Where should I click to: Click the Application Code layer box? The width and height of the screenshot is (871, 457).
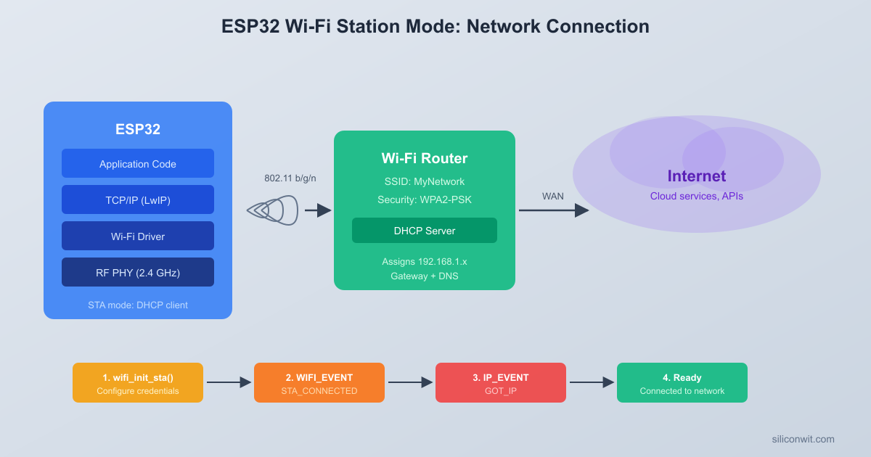click(x=138, y=163)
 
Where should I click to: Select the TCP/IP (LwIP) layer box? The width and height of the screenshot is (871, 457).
click(x=138, y=199)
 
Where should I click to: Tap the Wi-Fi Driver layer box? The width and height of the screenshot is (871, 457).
click(x=138, y=236)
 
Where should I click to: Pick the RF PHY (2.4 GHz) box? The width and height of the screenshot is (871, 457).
click(x=138, y=272)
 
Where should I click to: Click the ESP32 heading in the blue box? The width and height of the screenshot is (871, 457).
click(x=138, y=129)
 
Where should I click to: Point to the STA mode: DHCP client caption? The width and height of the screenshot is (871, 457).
click(x=138, y=305)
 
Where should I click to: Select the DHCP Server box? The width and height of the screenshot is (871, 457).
click(x=425, y=231)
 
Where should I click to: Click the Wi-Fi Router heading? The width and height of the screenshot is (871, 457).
click(x=425, y=158)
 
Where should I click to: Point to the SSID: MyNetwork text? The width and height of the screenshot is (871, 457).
click(x=425, y=181)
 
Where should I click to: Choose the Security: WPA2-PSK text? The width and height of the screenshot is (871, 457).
click(x=425, y=199)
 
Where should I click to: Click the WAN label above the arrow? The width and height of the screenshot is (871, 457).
click(x=553, y=197)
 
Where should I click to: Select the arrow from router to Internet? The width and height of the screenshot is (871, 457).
click(x=553, y=210)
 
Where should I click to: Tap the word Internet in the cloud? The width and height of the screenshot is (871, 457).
click(x=697, y=176)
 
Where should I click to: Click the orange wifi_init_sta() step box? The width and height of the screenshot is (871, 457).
click(x=138, y=382)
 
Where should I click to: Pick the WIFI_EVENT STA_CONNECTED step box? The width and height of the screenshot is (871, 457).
click(x=319, y=382)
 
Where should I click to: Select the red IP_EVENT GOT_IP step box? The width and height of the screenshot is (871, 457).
click(x=501, y=382)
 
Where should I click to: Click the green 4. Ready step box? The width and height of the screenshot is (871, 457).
click(x=682, y=382)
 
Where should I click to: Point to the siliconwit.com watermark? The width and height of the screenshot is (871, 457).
click(x=803, y=439)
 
